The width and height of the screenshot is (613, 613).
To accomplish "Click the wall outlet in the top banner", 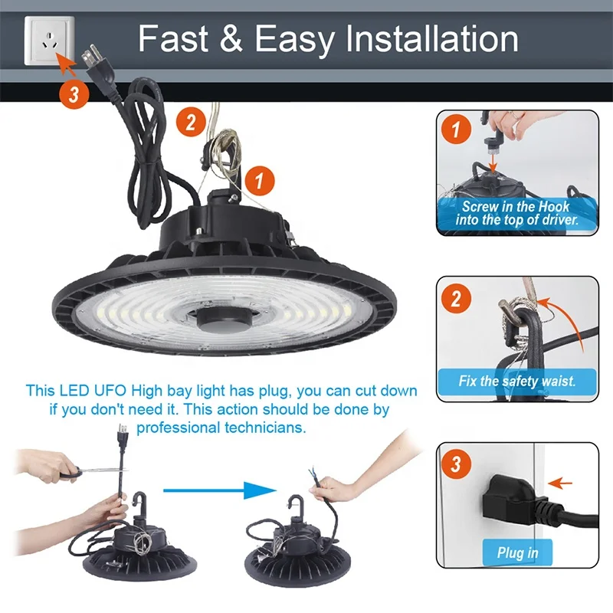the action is point(49,41).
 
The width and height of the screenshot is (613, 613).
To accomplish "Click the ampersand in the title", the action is point(231,38).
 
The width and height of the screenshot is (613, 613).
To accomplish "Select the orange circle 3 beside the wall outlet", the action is point(74,93).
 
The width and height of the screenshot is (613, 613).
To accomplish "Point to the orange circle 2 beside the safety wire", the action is point(191,122).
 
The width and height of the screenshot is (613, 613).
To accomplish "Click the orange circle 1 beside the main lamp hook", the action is point(260,181).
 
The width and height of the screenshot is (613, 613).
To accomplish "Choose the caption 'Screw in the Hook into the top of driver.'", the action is point(516,213).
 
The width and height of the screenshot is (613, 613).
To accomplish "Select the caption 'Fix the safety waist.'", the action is point(516,381).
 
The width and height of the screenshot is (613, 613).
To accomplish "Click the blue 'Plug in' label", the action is point(517,552).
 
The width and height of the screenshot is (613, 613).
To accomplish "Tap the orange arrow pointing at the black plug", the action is point(560,484).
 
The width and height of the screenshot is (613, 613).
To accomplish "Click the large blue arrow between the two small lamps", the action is point(220,490).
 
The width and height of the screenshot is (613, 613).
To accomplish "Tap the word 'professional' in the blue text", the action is point(179,428).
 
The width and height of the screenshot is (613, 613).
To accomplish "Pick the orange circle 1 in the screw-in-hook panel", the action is point(456,129).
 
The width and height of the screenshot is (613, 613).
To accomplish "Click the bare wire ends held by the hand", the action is point(313,476).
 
